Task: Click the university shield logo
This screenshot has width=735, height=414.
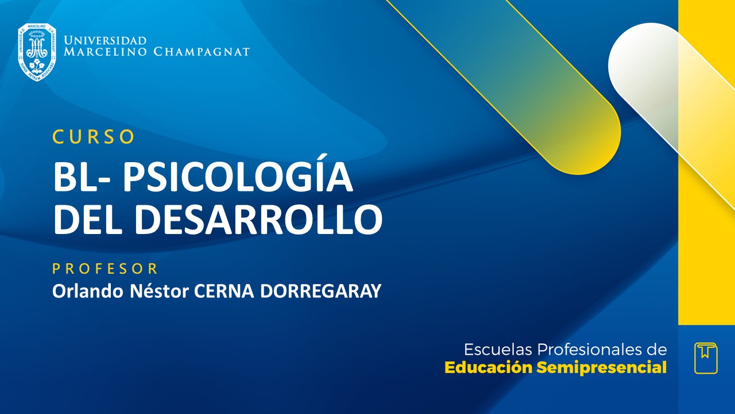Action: coord(37,52)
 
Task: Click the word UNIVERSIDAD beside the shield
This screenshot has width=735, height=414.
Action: coord(105,40)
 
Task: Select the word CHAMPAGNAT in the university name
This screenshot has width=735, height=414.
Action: coord(202,52)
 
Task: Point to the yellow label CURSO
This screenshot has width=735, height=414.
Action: coord(94,136)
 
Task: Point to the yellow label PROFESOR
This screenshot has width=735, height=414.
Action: coord(105,269)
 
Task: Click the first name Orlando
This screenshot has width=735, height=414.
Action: coord(82,291)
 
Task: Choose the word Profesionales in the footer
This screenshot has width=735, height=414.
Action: coord(590,350)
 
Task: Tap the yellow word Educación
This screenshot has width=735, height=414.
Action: coord(489,367)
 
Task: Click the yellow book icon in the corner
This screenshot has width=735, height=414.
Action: coord(706,358)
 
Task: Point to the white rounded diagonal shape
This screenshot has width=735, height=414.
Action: coord(643,63)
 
